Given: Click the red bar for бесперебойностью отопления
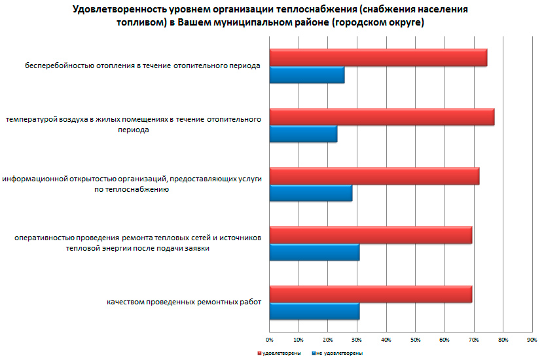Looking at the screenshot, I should click(378, 58).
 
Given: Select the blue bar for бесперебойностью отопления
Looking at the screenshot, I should click(306, 75).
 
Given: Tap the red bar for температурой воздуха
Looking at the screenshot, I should click(382, 117).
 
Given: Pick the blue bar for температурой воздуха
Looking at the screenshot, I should click(303, 134).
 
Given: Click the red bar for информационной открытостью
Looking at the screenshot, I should click(374, 176).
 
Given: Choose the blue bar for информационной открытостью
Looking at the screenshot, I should click(310, 193).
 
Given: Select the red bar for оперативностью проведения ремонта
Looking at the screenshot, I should click(371, 235).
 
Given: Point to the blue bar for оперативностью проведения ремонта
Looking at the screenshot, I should click(314, 252).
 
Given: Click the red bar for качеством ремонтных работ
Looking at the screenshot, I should click(371, 295).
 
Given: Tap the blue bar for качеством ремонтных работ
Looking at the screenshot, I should click(314, 312).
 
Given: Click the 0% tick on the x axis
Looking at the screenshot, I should click(269, 340).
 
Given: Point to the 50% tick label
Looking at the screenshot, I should click(415, 340).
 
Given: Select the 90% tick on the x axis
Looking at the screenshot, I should click(532, 340).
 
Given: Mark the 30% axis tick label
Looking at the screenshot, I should click(357, 340).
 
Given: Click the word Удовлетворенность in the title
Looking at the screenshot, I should click(116, 10).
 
